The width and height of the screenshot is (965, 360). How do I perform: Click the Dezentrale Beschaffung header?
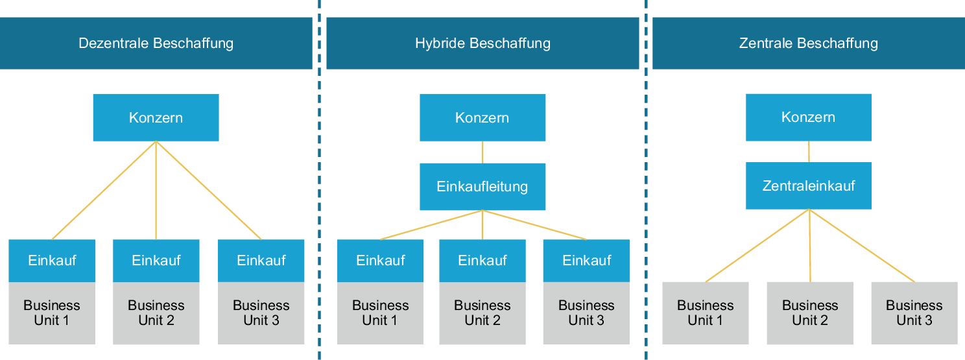(x=156, y=43)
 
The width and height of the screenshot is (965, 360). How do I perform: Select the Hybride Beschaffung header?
(x=482, y=43)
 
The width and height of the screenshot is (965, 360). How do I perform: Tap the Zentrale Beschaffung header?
(x=808, y=43)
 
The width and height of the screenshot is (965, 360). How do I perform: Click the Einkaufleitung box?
(x=482, y=187)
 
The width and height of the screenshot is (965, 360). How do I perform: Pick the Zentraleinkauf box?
(x=809, y=186)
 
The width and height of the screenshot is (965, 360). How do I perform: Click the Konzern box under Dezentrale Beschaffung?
(x=156, y=118)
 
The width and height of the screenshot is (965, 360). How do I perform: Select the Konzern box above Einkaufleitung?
(x=482, y=118)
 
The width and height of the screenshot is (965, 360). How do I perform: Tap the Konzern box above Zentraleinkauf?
(x=809, y=117)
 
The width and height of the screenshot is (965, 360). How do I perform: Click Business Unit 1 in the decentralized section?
(x=52, y=313)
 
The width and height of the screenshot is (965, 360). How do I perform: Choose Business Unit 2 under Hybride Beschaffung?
(x=482, y=313)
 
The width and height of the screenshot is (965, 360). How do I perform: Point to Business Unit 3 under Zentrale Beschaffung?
(x=914, y=313)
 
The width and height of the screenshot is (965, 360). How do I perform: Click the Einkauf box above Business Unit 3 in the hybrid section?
(x=586, y=261)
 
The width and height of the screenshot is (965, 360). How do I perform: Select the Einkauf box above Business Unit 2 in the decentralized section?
(x=156, y=261)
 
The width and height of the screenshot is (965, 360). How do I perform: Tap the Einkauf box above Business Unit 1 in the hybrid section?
(x=380, y=261)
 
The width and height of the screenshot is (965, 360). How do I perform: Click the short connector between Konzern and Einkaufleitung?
(x=482, y=152)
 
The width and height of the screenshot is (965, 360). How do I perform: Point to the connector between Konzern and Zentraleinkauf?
(x=809, y=152)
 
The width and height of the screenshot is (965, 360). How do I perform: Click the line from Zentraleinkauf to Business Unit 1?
(x=757, y=246)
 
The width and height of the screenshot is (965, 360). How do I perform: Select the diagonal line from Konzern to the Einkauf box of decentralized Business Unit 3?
(x=209, y=191)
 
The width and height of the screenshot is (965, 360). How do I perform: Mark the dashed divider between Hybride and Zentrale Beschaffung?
(x=646, y=195)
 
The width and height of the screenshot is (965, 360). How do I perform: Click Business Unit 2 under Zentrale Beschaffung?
(x=810, y=313)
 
